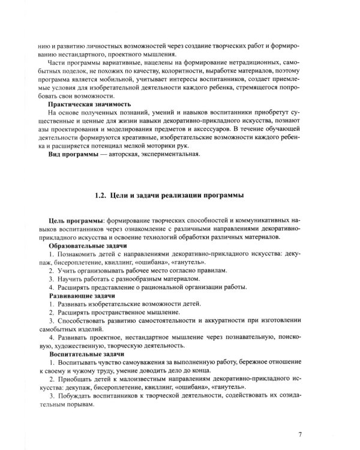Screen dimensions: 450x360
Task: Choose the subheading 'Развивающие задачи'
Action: click(82, 296)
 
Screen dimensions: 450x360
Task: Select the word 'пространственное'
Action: click(121, 313)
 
